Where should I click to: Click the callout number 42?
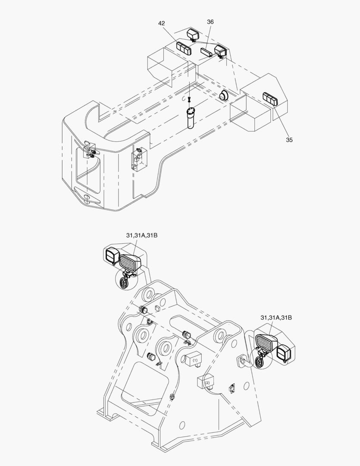point(162,23)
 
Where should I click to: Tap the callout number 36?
point(210,22)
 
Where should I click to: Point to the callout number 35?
point(289,140)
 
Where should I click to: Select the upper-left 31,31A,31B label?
point(142,236)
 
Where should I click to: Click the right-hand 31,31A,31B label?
point(276,318)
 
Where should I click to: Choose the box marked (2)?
point(206,381)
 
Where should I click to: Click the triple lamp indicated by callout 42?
point(184,48)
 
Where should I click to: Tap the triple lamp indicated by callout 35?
point(270,99)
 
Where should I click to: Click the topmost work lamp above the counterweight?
point(192,35)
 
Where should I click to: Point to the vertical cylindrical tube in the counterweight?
point(191,118)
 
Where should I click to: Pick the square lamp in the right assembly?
point(284,353)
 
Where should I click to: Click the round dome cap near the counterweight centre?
point(224,95)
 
